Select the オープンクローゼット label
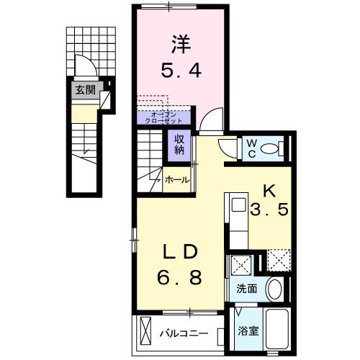(x=163, y=117)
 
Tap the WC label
(x=252, y=148)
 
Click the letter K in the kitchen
(x=269, y=191)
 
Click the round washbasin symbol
(x=274, y=289)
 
